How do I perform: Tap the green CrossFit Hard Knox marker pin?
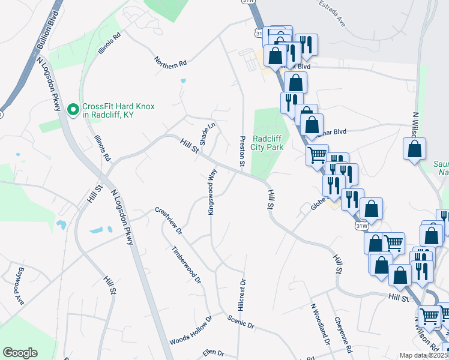coord(73,110)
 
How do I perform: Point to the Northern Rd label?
coord(170,62)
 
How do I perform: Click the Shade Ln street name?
coord(207,134)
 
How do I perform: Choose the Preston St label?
coord(242,151)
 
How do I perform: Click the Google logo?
coord(20,353)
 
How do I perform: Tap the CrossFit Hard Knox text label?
coord(118,110)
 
